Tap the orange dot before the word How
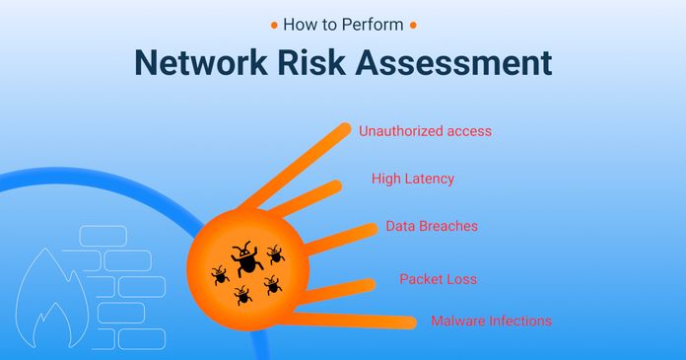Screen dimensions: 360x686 pos(272,23)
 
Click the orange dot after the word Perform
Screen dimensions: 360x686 pos(412,23)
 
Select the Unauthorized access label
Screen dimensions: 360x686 pos(425,130)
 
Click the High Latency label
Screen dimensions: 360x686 pos(413,179)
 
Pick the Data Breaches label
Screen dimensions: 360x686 pos(432,227)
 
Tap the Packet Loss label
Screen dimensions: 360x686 pos(438,279)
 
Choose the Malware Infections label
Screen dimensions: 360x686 pos(491,322)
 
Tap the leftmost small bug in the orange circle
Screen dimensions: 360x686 pos(219,274)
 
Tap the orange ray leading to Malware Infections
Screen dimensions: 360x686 pos(365,319)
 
